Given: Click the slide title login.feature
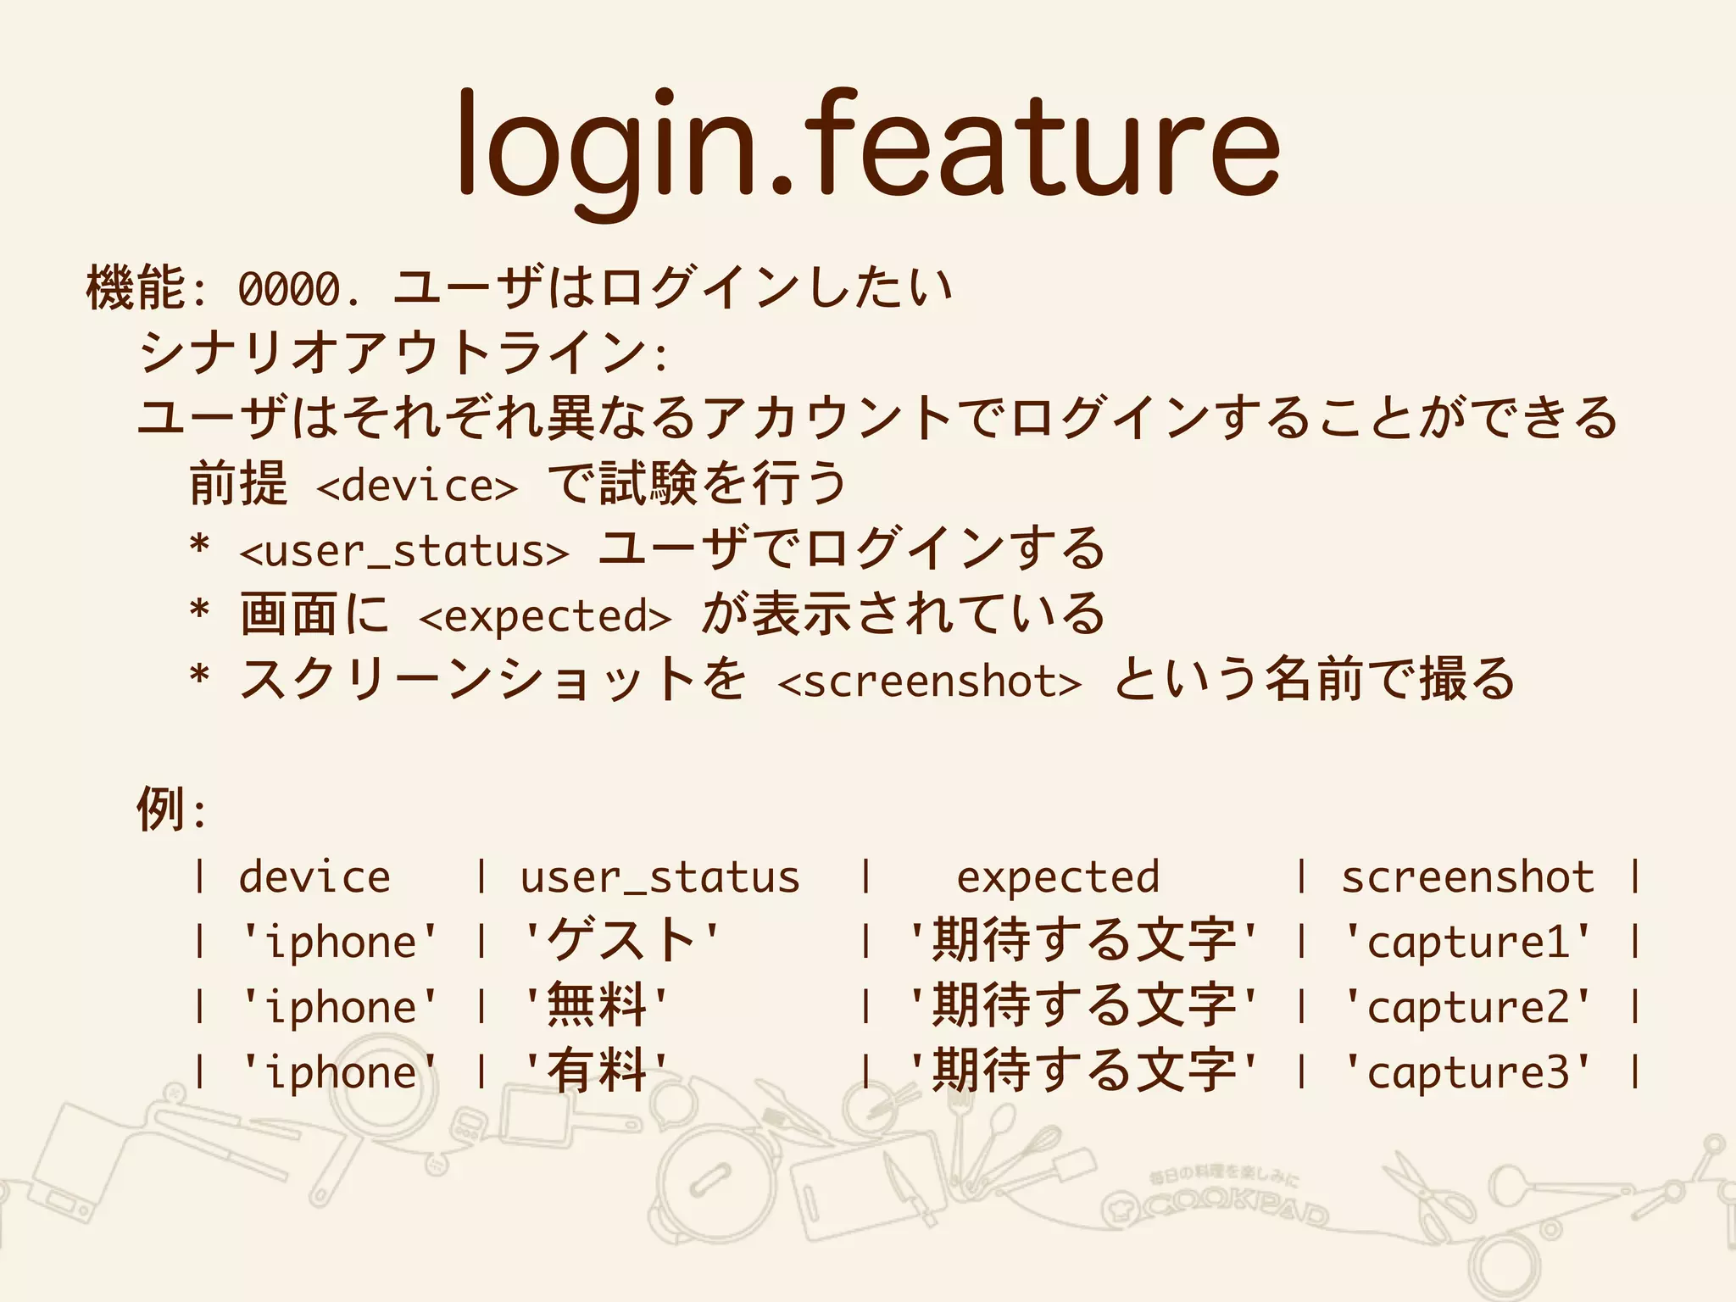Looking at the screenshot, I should pyautogui.click(x=868, y=144).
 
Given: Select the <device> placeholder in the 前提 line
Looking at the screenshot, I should pyautogui.click(x=416, y=486).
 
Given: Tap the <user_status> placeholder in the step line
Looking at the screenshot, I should pyautogui.click(x=404, y=551).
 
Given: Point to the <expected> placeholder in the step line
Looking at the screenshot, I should pyautogui.click(x=545, y=616).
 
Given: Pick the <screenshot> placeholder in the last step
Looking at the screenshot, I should pyautogui.click(x=929, y=682).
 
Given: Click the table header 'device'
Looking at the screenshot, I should pyautogui.click(x=314, y=876).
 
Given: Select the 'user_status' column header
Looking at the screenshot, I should pyautogui.click(x=659, y=876).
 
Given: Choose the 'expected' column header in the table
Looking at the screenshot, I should pyautogui.click(x=1058, y=876).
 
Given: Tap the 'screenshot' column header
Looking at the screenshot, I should pyautogui.click(x=1467, y=876).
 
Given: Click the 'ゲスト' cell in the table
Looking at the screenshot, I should pyautogui.click(x=621, y=942).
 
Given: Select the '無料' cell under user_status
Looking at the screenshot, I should pyautogui.click(x=597, y=1007).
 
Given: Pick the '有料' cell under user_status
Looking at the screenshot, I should pyautogui.click(x=597, y=1072).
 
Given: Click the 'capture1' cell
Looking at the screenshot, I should pyautogui.click(x=1468, y=942).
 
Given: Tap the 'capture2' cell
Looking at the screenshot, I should pyautogui.click(x=1468, y=1007).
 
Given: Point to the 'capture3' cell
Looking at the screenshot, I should pyautogui.click(x=1468, y=1072).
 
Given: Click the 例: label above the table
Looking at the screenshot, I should pyautogui.click(x=170, y=810).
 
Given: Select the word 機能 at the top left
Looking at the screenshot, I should pyautogui.click(x=136, y=288).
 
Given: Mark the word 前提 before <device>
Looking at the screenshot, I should pyautogui.click(x=238, y=485).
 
